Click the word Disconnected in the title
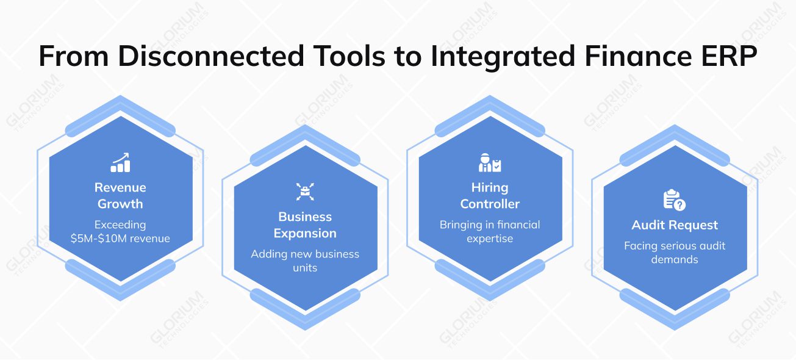coord(210,56)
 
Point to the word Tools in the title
coord(346,56)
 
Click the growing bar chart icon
coord(120,162)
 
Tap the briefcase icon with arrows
coord(304,192)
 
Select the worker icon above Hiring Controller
coord(490,162)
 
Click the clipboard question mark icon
coord(675,200)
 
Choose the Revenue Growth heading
coord(120,195)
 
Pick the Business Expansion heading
coord(304,225)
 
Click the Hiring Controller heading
coord(490,195)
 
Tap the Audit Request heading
coord(675,225)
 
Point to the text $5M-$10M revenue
coord(120,239)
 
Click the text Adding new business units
coord(304,261)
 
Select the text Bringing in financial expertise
coord(490,231)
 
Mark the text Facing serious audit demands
coord(675,253)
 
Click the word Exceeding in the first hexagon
coord(120,225)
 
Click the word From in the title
coord(73,56)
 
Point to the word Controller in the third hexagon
coord(490,204)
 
